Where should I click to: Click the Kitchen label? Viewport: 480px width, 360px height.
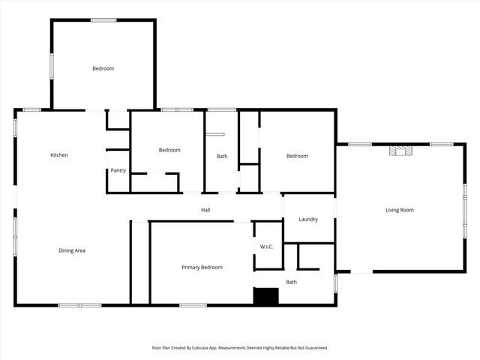[x=58, y=155]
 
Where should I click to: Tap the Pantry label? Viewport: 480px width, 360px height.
[x=118, y=170]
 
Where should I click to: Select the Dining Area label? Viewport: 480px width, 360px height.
[x=72, y=250]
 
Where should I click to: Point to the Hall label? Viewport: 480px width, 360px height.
[x=205, y=210]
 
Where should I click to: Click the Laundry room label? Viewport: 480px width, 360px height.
[x=308, y=220]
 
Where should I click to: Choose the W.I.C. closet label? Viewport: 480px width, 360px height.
[x=266, y=247]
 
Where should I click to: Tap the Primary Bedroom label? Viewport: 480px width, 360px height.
[x=202, y=267]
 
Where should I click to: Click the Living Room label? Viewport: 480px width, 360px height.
[x=400, y=210]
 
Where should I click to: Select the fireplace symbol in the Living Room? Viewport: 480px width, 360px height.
[x=400, y=151]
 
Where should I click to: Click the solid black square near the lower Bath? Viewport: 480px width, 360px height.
[x=265, y=295]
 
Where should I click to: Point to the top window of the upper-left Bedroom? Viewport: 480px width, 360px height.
[x=103, y=20]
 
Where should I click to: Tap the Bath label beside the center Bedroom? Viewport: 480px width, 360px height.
[x=222, y=156]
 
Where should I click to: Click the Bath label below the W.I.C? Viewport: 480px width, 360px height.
[x=292, y=282]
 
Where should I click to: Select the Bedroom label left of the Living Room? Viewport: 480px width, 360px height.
[x=297, y=156]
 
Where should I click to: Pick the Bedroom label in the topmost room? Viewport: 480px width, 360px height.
[x=103, y=69]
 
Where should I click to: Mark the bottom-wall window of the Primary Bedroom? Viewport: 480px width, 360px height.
[x=193, y=305]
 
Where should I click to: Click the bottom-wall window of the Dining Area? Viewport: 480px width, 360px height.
[x=79, y=305]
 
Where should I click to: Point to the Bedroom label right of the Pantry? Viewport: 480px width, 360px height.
[x=169, y=150]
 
